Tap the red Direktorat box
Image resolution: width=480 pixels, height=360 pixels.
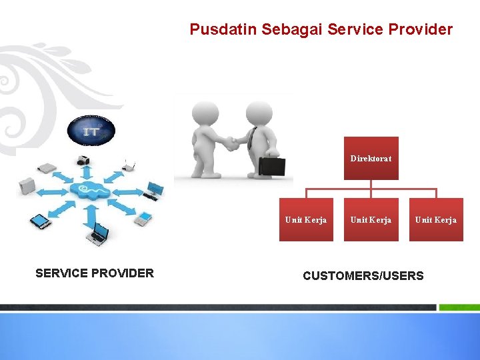[x=371, y=159]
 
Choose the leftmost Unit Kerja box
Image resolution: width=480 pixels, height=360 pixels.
[x=305, y=219]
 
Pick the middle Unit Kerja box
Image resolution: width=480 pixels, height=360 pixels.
[x=371, y=219]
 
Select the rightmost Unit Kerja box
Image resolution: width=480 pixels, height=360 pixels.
[x=436, y=219]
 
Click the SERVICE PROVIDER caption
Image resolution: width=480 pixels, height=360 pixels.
[x=94, y=273]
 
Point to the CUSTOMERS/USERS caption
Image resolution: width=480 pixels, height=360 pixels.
[x=363, y=276]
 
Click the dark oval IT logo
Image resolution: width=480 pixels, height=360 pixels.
[x=91, y=131]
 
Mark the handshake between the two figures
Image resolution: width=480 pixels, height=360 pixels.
[x=230, y=143]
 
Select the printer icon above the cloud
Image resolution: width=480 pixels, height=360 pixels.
[x=85, y=160]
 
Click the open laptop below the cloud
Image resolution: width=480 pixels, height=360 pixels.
[x=99, y=233]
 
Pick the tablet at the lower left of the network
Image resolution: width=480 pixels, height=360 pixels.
[x=41, y=221]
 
